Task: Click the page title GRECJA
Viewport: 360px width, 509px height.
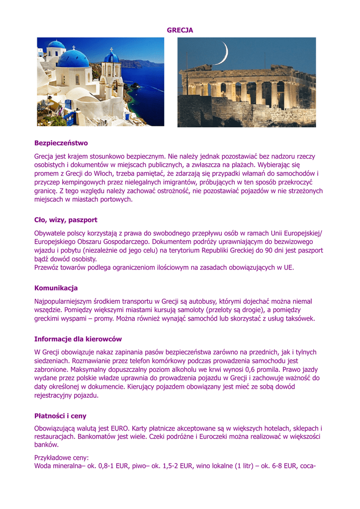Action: (180, 30)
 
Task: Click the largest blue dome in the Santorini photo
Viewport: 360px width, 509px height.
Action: (74, 59)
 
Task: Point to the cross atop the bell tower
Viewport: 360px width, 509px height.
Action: (111, 49)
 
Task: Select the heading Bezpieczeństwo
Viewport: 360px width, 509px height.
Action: (61, 143)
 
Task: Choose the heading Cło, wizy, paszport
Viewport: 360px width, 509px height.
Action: (66, 220)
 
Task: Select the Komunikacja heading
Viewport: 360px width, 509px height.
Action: (56, 288)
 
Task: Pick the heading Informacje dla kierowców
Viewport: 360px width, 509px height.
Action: (78, 339)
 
